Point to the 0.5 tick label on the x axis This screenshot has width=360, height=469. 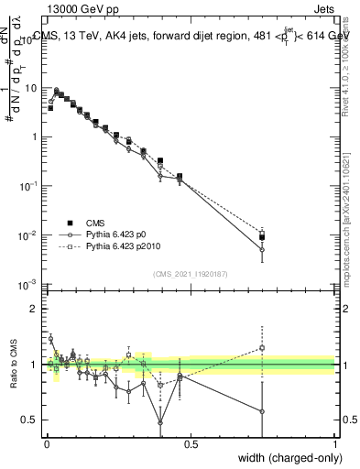pyautogui.click(x=191, y=443)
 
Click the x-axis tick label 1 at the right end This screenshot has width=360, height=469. pyautogui.click(x=335, y=443)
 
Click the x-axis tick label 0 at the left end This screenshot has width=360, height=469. pyautogui.click(x=47, y=443)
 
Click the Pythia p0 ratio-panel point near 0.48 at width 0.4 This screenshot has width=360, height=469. pyautogui.click(x=161, y=422)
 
